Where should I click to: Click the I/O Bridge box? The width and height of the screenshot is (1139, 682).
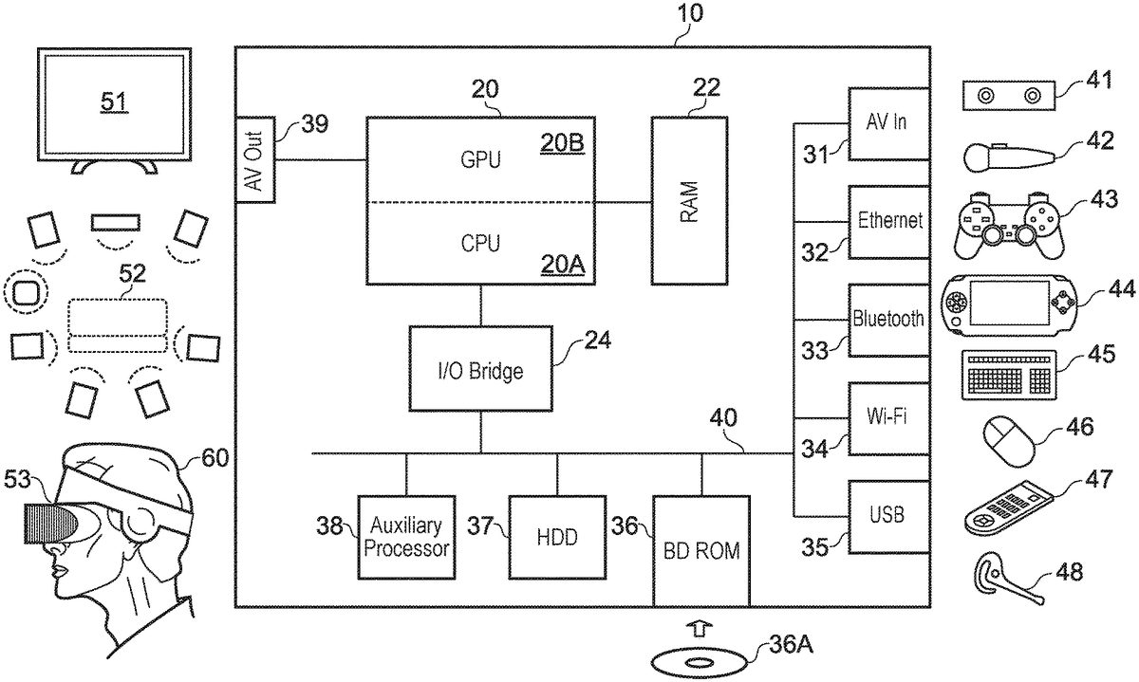(480, 367)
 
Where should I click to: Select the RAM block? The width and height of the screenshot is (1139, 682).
(689, 200)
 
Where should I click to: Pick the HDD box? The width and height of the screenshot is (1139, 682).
(556, 537)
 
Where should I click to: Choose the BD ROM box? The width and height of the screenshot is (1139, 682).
(700, 549)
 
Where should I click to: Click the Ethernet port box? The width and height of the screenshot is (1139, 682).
(888, 222)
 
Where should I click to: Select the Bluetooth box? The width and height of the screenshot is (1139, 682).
(888, 320)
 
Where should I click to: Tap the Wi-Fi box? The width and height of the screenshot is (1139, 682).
(888, 418)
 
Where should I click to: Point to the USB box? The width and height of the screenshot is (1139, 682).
(888, 516)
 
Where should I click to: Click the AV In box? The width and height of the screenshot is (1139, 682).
(888, 123)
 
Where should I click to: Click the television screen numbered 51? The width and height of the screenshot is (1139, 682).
(114, 101)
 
